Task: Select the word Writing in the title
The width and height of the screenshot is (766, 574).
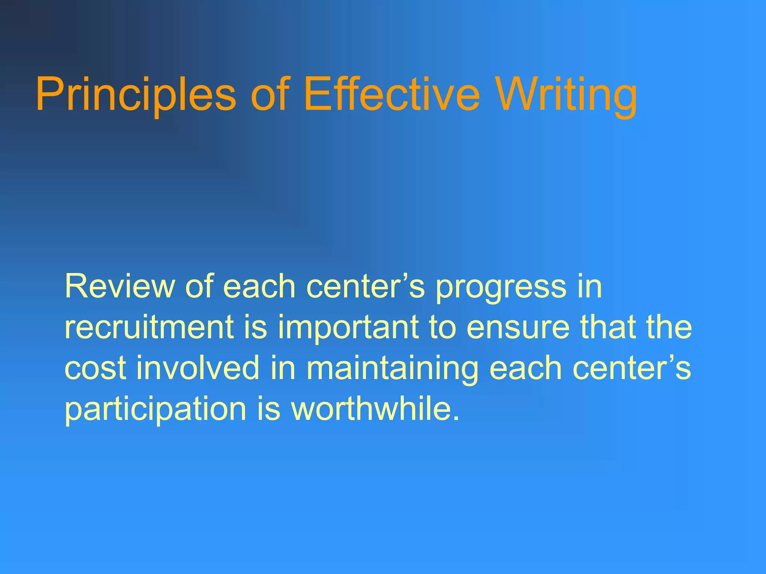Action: (x=567, y=94)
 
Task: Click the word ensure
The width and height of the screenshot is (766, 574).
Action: (x=518, y=328)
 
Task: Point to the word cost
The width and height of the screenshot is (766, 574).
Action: (x=95, y=368)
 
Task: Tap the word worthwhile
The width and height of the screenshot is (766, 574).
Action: (x=370, y=408)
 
